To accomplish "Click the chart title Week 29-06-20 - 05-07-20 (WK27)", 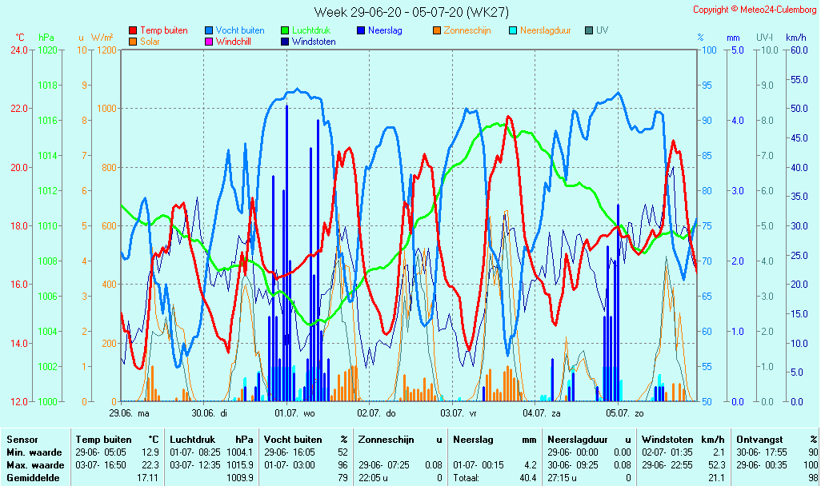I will [x=410, y=12].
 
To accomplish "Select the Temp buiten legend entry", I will [x=163, y=30].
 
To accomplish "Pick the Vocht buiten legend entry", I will [x=239, y=30].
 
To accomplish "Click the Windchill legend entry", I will [x=235, y=42].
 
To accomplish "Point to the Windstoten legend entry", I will [x=314, y=42].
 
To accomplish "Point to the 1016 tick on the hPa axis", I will [x=48, y=121].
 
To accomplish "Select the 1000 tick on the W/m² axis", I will [x=106, y=109].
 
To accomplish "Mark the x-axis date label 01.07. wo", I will [x=294, y=413].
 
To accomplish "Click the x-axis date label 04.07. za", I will [x=542, y=413].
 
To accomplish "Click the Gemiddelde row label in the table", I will [x=34, y=478].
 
